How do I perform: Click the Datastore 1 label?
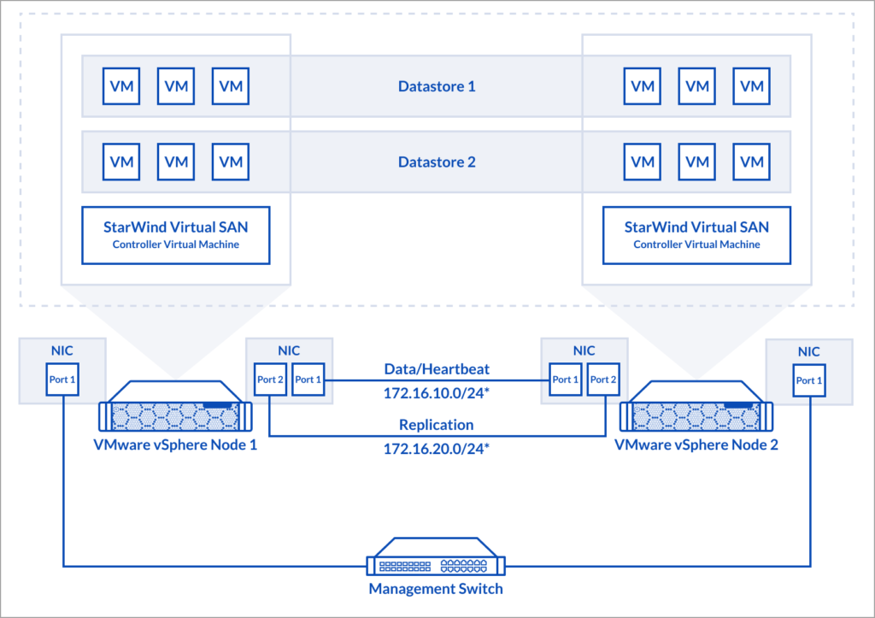pos(437,86)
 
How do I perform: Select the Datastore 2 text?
pos(437,162)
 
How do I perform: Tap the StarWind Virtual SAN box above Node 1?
pos(175,234)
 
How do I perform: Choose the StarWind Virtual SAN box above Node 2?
pos(696,234)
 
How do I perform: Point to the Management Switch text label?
pos(436,589)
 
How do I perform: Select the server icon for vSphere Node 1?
pos(175,413)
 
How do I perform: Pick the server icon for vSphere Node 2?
pos(696,413)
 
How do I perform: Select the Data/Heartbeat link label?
pos(437,368)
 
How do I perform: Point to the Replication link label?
pos(437,424)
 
